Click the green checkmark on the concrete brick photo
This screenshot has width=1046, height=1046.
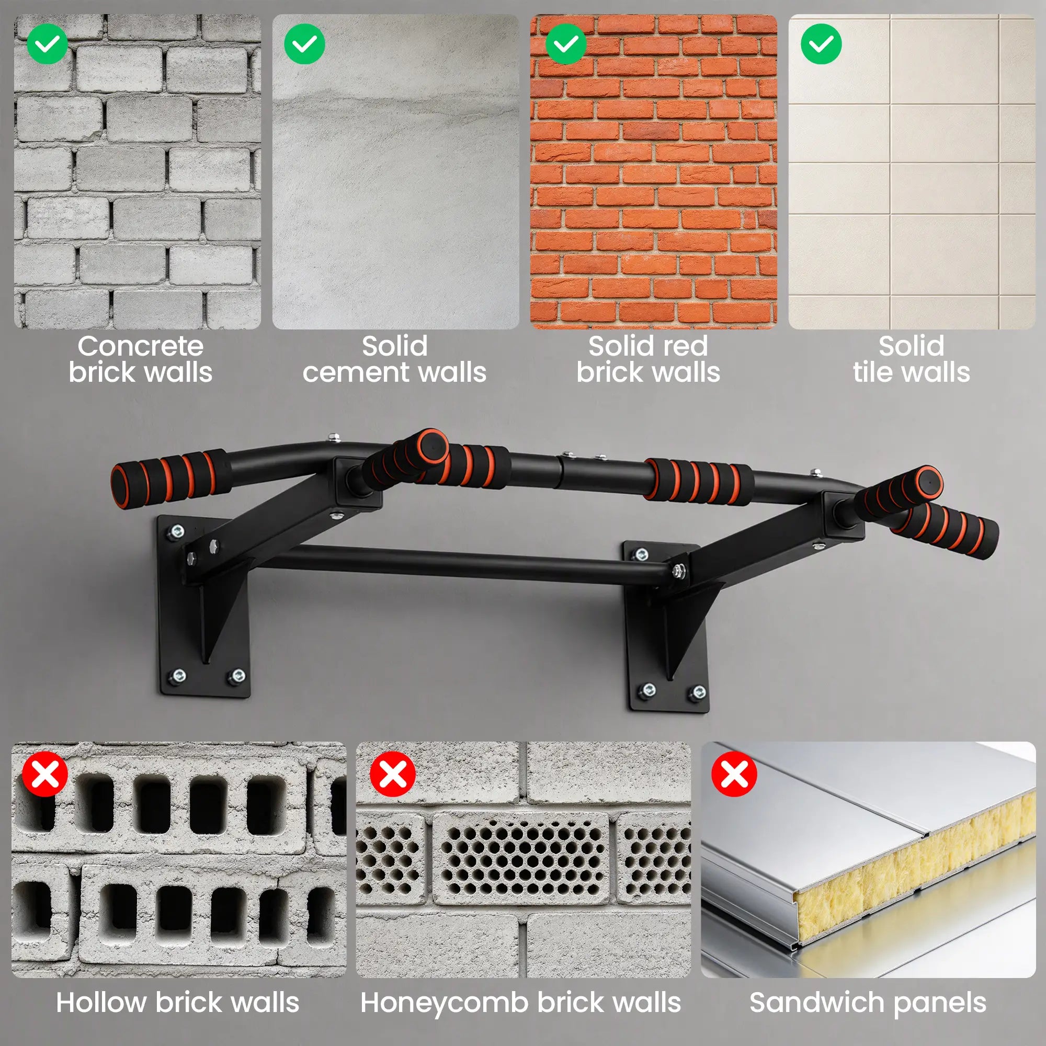pos(47,44)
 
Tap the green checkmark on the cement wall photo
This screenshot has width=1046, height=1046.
pos(304,44)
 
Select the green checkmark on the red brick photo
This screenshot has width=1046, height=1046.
pos(566,44)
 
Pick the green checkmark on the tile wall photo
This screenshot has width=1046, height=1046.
pos(821,44)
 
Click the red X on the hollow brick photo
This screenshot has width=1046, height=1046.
pos(45,774)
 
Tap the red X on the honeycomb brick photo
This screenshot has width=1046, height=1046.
pos(393,774)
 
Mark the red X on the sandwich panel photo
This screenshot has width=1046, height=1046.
pos(734,774)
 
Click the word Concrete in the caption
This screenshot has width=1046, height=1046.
pos(141,347)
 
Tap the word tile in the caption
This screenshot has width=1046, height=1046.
pos(872,372)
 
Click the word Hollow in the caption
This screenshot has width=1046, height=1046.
pos(101,1002)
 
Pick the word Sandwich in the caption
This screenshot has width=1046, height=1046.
pos(818,1002)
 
